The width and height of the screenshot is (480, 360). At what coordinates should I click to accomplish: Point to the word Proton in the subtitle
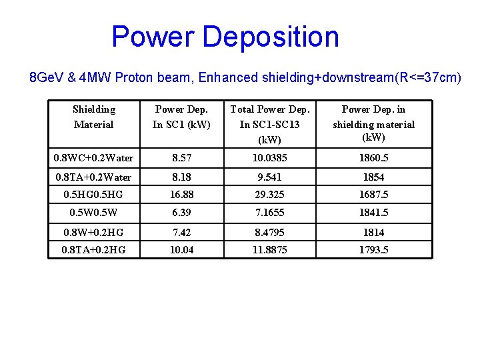click(134, 78)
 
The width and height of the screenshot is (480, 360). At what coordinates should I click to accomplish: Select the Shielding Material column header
click(94, 117)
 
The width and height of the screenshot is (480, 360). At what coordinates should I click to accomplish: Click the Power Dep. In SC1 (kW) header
click(181, 117)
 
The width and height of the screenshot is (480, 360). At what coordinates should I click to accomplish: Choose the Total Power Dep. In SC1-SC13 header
click(270, 125)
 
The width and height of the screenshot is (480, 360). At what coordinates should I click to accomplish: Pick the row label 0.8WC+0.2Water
click(94, 159)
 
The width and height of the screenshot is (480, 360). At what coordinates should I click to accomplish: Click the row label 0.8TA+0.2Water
click(94, 177)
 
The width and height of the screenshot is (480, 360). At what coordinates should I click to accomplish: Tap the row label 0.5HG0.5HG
click(94, 195)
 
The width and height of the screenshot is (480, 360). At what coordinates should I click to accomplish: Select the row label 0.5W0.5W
click(94, 213)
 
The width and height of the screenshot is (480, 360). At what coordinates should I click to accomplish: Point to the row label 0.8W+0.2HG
click(94, 232)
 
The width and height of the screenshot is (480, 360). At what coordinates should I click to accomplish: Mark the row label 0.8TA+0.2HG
click(94, 249)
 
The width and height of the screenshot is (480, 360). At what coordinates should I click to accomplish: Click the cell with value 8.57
click(181, 159)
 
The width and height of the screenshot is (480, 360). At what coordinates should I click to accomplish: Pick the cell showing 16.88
click(181, 195)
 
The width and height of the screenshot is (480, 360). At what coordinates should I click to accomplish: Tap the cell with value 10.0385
click(270, 159)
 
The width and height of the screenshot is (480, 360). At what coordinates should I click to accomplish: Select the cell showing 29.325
click(270, 195)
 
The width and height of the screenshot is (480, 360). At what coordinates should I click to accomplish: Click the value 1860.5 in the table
click(373, 159)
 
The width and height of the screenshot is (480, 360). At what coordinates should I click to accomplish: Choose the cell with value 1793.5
click(373, 249)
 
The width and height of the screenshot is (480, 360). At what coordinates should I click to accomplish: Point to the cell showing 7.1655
click(270, 213)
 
